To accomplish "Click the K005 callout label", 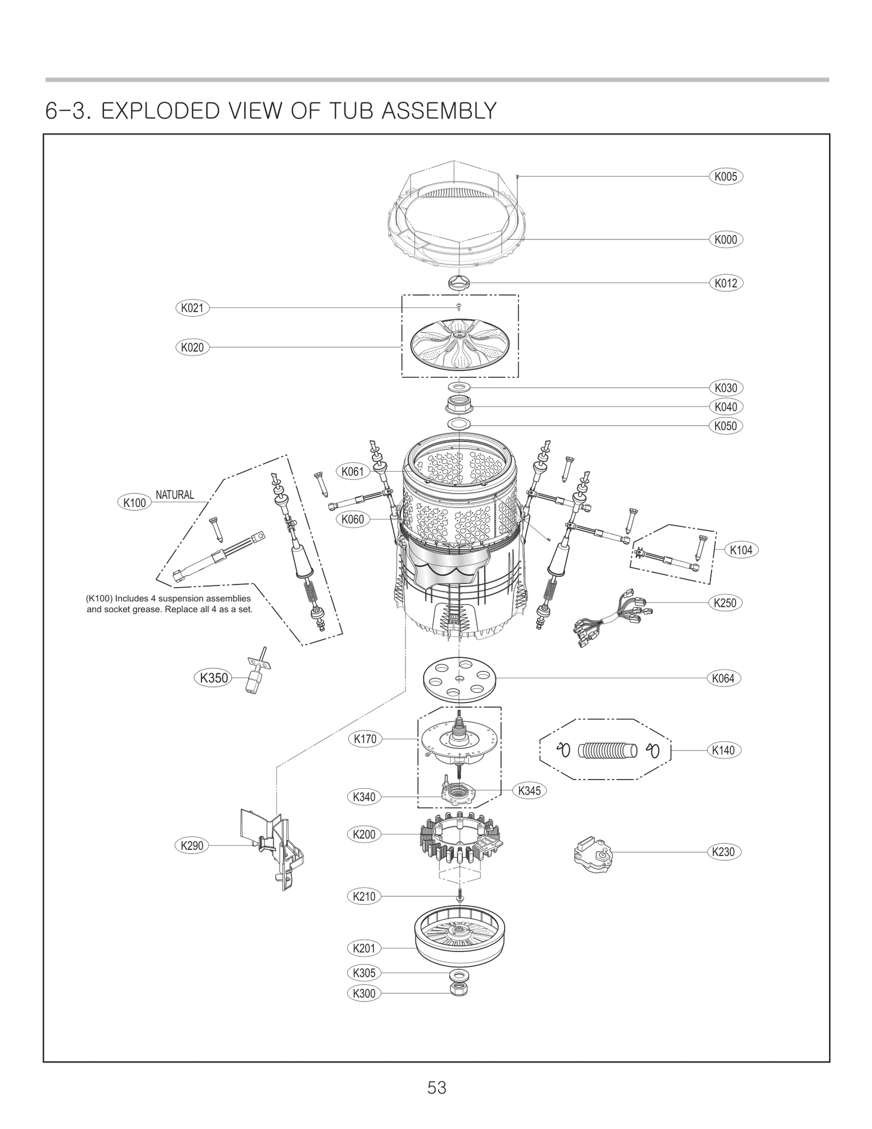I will coord(725,177).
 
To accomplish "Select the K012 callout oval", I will coord(725,283).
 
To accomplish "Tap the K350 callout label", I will coord(214,678).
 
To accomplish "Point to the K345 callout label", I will coord(529,790).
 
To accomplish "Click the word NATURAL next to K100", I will coord(175,495).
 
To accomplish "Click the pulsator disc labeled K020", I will coord(459,347).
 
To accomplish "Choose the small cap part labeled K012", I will coord(459,283).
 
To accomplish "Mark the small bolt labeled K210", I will coord(459,896).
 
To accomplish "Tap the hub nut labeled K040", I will coord(459,406).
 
